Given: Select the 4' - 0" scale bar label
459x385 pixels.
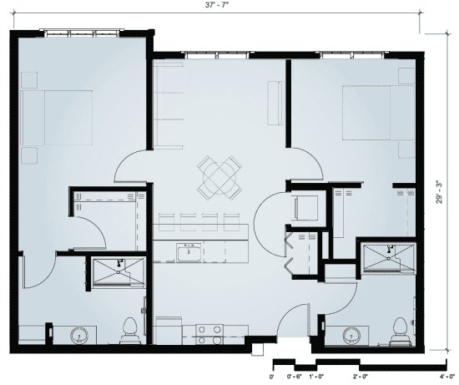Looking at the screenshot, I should pos(446,377).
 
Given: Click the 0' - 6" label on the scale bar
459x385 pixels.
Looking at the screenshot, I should pos(295,377).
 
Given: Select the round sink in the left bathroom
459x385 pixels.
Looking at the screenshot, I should pos(80,336).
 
